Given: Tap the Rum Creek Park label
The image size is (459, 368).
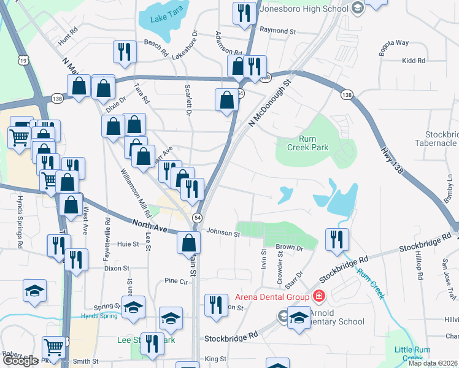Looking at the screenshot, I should click(308, 143).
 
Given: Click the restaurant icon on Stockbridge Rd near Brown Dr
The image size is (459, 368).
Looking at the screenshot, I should click(337, 239).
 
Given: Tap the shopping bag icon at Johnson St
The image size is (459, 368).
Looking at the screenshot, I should click(188, 242).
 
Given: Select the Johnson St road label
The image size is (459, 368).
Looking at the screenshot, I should click(223, 232).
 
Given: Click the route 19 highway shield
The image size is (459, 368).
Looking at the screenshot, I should click(23, 60).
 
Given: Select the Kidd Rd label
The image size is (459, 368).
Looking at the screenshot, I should click(414, 61).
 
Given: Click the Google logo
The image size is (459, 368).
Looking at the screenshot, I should click(20, 360).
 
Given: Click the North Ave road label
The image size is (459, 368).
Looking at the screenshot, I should click(150, 226).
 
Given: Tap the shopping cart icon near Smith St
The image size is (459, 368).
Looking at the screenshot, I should click(54, 348).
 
